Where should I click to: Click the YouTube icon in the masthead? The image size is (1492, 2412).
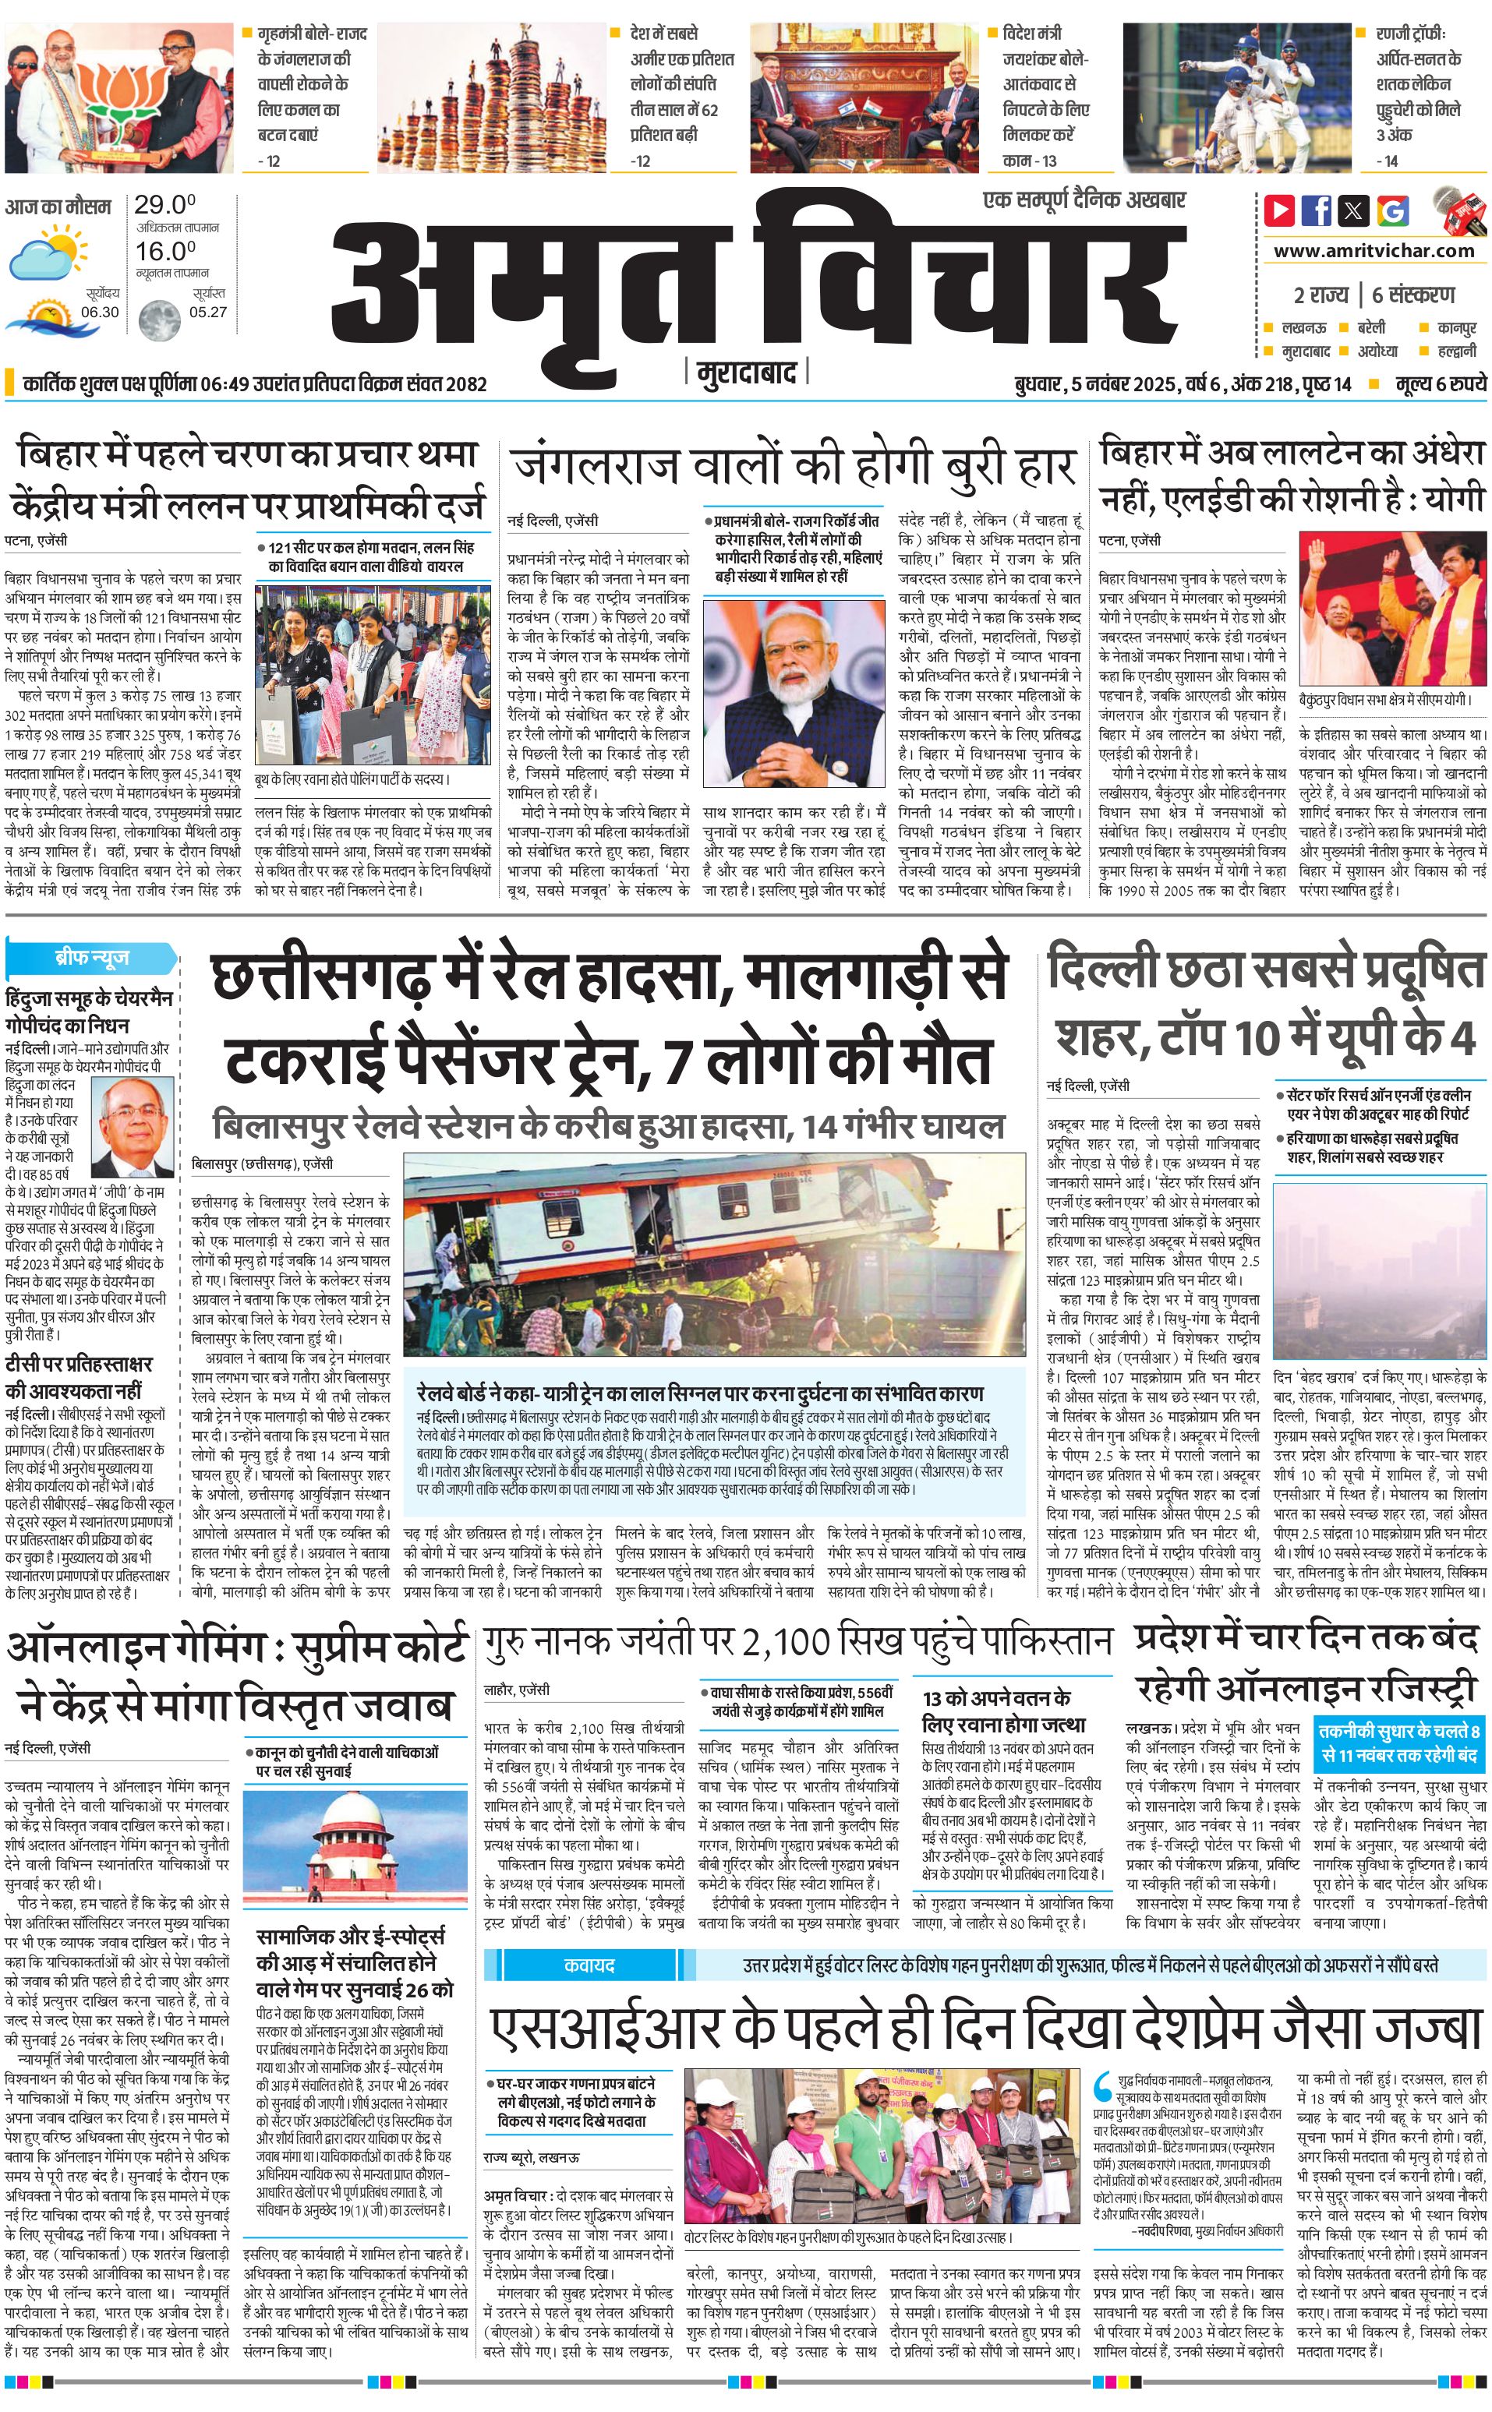pos(1280,210)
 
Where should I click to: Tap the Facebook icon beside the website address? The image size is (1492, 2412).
pos(1317,210)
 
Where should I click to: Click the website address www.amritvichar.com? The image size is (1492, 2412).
pos(1374,251)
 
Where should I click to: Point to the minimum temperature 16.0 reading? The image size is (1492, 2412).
pos(164,251)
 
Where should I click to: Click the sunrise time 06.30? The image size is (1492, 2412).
pos(100,312)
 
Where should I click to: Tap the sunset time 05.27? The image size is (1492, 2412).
pos(208,312)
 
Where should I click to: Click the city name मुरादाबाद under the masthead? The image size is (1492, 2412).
pos(746,373)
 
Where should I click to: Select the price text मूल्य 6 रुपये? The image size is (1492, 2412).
pos(1440,383)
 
